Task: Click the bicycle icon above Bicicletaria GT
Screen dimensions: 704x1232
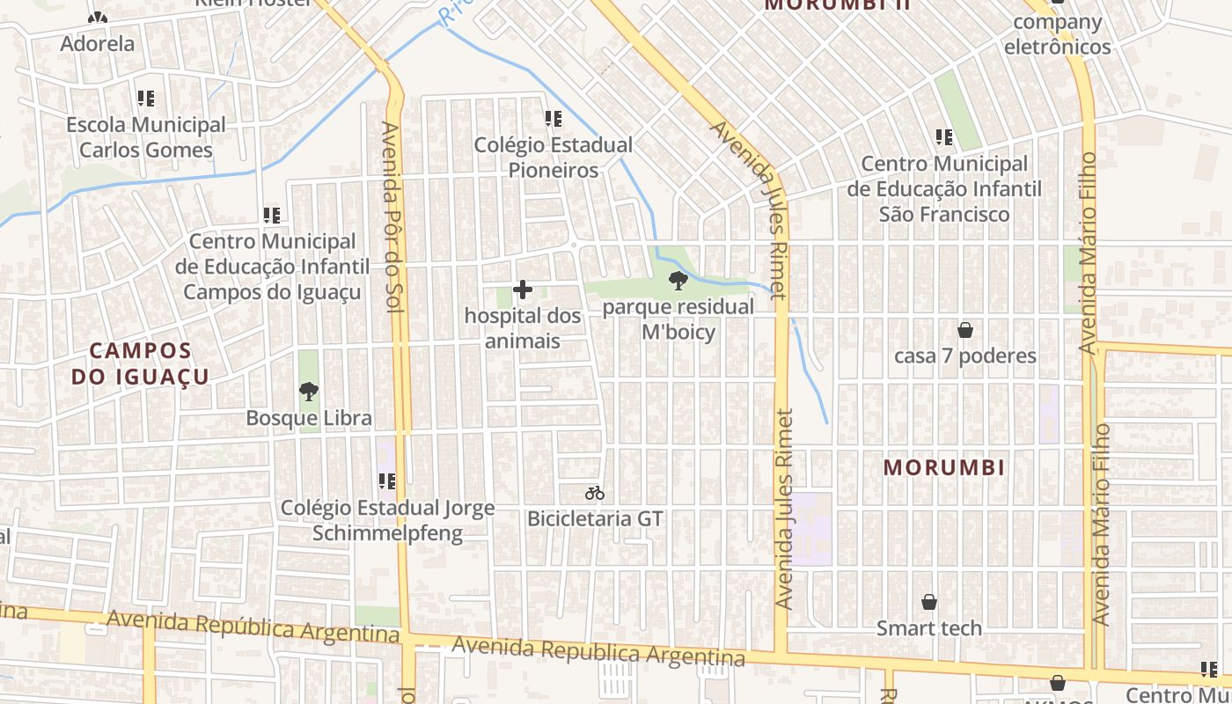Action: (595, 493)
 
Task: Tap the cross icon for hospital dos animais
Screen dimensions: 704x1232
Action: (523, 290)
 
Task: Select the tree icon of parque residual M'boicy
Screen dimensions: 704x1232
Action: (678, 282)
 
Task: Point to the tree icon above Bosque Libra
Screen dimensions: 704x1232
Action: (308, 392)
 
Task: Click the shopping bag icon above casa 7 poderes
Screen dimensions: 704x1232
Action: (965, 330)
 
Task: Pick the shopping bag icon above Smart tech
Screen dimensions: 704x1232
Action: (928, 602)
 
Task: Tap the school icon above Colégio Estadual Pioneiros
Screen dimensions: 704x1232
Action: (553, 119)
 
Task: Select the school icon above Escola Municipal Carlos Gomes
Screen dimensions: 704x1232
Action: (145, 99)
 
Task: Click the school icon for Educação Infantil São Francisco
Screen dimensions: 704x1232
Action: (944, 137)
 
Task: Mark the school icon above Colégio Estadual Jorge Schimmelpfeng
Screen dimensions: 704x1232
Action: (386, 481)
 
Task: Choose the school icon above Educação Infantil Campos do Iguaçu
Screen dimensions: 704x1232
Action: (272, 215)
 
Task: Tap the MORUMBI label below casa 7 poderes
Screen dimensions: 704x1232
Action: (944, 467)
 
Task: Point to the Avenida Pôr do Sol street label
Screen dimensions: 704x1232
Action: (391, 216)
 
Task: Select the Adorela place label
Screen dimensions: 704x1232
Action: (98, 43)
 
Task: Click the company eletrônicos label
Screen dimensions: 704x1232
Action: (1057, 34)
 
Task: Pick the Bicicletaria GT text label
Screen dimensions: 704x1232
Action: (595, 519)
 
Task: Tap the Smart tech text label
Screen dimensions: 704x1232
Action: (928, 628)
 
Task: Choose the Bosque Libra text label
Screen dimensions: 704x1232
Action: (309, 418)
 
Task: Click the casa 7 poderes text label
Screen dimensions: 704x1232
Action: (965, 356)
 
